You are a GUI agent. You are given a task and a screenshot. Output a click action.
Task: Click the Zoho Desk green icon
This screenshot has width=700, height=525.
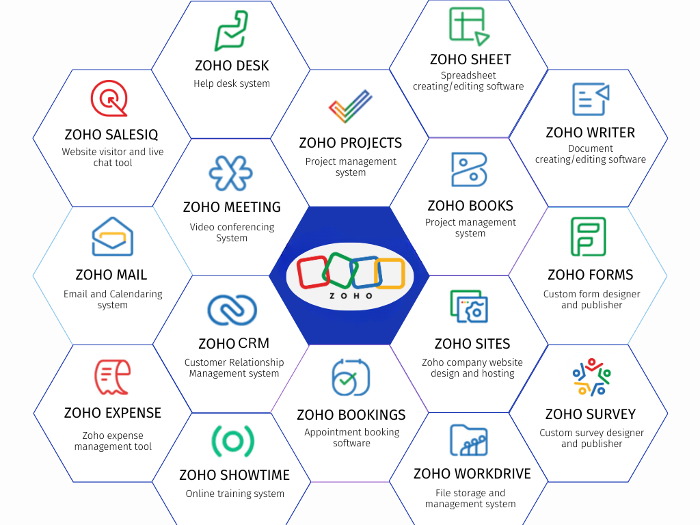point(231,31)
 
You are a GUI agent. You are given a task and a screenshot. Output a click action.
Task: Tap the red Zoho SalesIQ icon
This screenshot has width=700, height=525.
point(109,99)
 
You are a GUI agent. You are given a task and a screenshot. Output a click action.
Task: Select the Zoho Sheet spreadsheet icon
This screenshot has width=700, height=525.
point(469,26)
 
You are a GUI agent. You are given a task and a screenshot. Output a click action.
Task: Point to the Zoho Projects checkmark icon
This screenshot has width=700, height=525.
point(350,107)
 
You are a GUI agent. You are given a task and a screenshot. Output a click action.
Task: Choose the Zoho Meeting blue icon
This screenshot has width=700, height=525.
point(230,173)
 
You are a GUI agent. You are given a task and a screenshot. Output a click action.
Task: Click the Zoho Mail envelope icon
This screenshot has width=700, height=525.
point(112,237)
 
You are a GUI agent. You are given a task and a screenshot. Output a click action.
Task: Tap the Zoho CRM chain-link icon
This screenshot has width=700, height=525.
point(232,310)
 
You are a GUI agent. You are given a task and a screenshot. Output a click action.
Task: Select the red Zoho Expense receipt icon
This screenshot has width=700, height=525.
point(112,377)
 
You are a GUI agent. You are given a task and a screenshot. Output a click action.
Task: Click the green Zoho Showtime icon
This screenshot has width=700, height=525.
point(233,441)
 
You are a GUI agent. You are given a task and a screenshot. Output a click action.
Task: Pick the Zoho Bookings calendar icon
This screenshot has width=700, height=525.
point(351,377)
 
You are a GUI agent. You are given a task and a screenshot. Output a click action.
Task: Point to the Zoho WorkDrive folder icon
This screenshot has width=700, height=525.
point(469,440)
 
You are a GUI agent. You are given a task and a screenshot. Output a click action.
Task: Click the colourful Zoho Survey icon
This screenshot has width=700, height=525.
point(591,377)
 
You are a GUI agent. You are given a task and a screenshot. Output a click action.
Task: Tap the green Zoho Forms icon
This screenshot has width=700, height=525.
point(589,237)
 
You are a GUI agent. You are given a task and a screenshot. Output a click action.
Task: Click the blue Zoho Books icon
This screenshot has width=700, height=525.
point(469,170)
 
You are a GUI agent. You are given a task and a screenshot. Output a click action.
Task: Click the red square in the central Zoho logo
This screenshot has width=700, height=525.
point(313,271)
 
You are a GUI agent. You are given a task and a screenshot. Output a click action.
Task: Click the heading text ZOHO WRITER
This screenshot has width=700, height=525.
point(591,133)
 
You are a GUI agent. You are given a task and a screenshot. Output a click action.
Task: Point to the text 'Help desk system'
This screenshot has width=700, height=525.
point(232,83)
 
